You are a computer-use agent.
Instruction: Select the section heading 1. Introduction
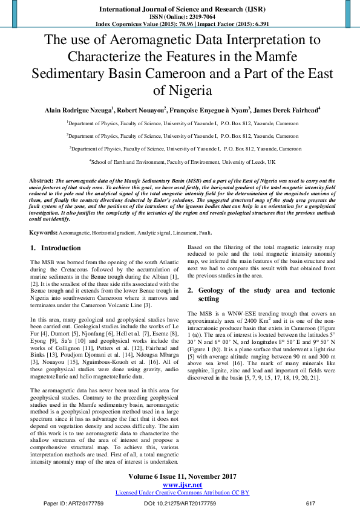pyautogui.click(x=55, y=248)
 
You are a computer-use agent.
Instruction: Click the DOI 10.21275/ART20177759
pyautogui.click(x=180, y=503)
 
